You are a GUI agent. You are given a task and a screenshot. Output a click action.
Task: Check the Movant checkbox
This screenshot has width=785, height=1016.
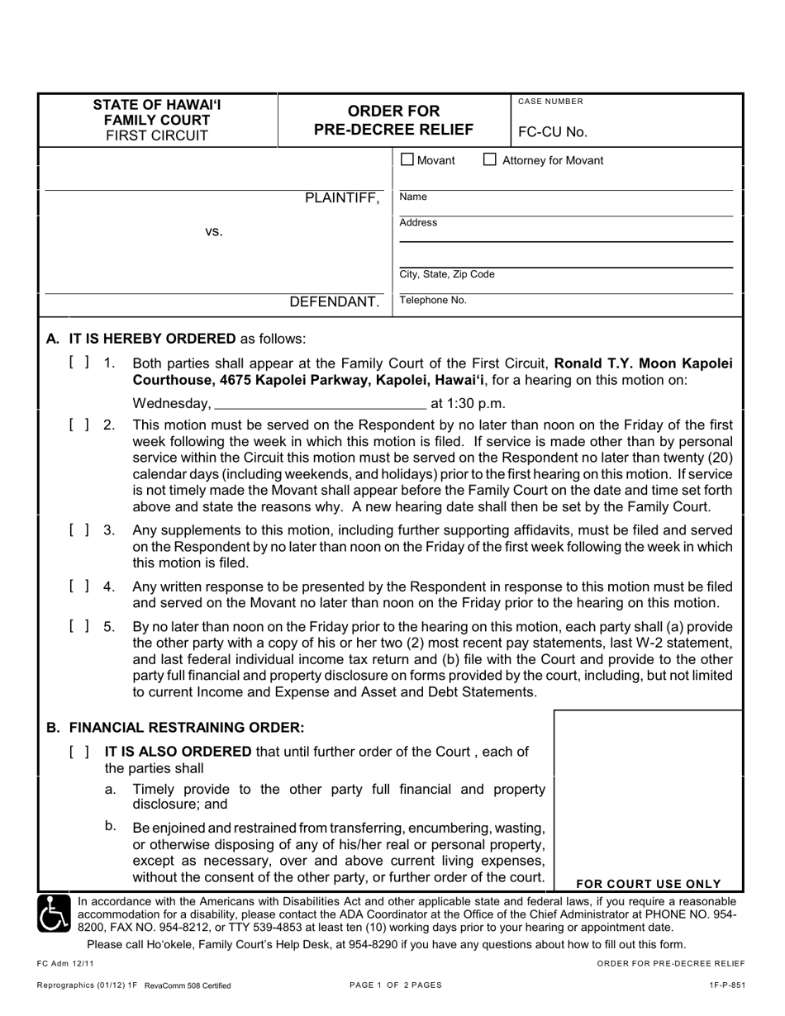tap(407, 159)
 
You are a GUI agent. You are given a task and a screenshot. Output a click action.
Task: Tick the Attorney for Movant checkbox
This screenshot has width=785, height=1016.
tap(490, 159)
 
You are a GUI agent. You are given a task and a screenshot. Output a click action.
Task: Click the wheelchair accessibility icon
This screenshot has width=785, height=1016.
tap(55, 914)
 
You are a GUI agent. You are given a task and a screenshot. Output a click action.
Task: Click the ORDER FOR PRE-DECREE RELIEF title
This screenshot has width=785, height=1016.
tap(393, 120)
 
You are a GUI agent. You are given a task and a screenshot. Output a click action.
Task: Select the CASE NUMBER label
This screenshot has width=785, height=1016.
tap(550, 102)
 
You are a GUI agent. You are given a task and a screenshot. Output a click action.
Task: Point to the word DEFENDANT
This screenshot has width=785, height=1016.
tap(334, 302)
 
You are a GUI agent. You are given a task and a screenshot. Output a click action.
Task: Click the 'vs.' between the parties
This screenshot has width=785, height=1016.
tap(214, 232)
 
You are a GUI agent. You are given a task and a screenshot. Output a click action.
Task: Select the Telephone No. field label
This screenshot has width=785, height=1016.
tap(433, 301)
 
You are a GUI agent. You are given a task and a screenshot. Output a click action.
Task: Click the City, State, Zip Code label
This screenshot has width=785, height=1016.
tap(447, 274)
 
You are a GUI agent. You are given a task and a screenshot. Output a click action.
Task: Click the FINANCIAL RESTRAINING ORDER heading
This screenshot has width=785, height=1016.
tap(175, 728)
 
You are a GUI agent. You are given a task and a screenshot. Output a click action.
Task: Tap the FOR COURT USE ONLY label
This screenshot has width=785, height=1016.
tap(648, 883)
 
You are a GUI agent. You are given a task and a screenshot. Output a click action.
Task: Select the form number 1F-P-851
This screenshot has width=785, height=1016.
tap(726, 985)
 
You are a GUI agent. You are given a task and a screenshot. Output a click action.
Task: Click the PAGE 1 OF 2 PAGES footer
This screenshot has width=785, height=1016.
tap(396, 985)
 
